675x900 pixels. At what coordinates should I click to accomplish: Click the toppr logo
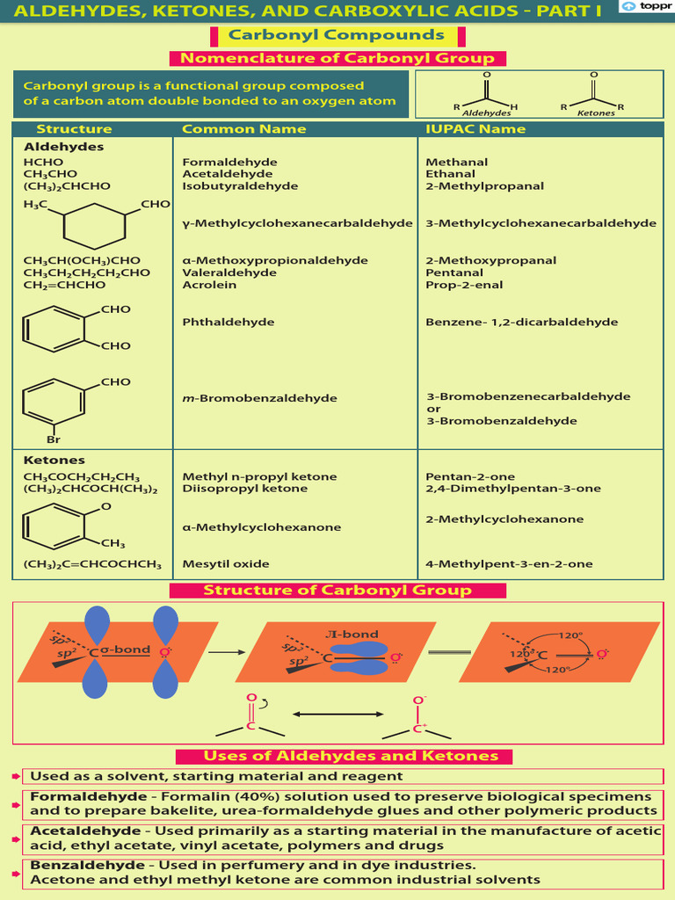tap(646, 6)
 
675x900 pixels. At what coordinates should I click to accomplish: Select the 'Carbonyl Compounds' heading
tap(337, 35)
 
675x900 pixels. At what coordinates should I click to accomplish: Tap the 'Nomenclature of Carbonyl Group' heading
tap(337, 59)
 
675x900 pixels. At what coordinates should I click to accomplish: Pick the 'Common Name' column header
tap(243, 129)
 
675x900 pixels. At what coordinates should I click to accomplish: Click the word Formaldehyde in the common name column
tap(229, 163)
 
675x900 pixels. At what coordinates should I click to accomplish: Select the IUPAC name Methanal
tap(456, 163)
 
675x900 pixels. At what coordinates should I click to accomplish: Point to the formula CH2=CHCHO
tap(68, 285)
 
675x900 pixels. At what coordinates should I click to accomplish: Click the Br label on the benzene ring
tap(54, 439)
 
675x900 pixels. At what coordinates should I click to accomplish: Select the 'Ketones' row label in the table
tap(54, 461)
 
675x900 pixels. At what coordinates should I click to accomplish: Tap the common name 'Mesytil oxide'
tap(226, 564)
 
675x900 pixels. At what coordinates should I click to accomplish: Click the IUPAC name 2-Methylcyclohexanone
tap(504, 519)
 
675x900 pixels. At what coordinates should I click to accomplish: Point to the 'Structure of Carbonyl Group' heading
tap(337, 591)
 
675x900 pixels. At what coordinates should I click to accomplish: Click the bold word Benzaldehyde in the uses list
tap(74, 866)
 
